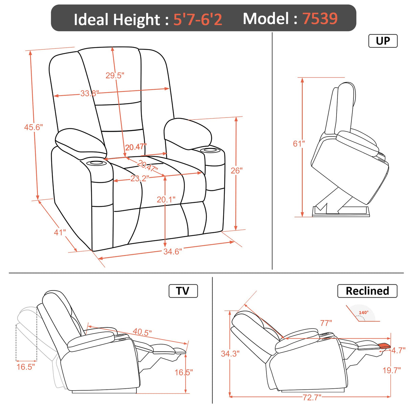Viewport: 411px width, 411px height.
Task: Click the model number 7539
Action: pyautogui.click(x=320, y=18)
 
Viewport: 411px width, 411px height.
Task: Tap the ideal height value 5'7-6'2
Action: pyautogui.click(x=198, y=19)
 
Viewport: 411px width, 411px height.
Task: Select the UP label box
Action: pyautogui.click(x=383, y=41)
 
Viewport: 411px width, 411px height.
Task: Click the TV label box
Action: pyautogui.click(x=183, y=291)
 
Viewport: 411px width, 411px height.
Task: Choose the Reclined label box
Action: pyautogui.click(x=367, y=291)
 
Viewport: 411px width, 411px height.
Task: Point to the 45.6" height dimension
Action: pyautogui.click(x=33, y=127)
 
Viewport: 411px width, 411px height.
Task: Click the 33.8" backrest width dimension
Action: pyautogui.click(x=89, y=93)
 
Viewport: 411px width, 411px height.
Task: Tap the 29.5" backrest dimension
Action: pyautogui.click(x=115, y=75)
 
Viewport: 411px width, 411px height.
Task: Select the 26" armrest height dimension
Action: pyautogui.click(x=236, y=171)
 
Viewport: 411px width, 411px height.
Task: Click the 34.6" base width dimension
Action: pyautogui.click(x=172, y=252)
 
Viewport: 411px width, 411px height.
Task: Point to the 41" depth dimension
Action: pyautogui.click(x=60, y=232)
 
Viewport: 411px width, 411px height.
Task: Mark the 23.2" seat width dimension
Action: pyautogui.click(x=139, y=178)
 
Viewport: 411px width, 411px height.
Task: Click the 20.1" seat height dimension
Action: pyautogui.click(x=166, y=200)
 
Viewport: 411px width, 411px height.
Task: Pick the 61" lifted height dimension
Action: pyautogui.click(x=299, y=144)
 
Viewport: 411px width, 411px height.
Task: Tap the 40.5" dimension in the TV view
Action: pyautogui.click(x=142, y=332)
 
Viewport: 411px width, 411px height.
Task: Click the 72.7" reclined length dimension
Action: pyautogui.click(x=311, y=397)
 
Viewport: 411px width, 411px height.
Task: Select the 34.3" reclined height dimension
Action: pyautogui.click(x=230, y=354)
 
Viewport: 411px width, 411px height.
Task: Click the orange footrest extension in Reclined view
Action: pyautogui.click(x=385, y=346)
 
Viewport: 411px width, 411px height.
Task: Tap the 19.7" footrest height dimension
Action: pyautogui.click(x=391, y=370)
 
